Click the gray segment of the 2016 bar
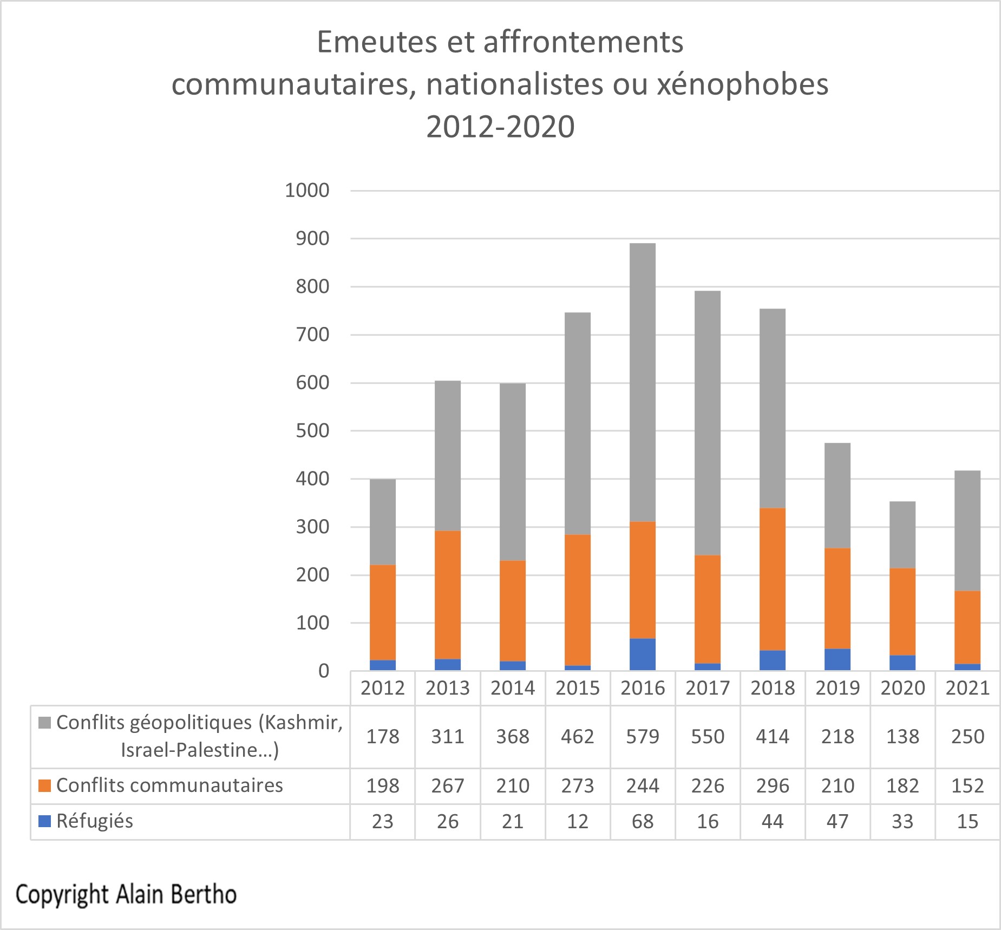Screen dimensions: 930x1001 tap(643, 382)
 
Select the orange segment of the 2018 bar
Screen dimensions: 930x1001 tap(773, 579)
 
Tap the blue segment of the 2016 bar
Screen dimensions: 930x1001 tap(643, 655)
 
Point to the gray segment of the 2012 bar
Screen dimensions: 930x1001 tap(383, 522)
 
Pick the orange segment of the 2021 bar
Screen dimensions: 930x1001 tap(967, 627)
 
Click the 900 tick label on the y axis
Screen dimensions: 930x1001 tap(312, 239)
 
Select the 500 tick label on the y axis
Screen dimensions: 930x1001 tap(312, 431)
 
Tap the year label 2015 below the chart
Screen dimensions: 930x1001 tap(578, 688)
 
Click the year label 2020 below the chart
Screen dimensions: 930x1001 tap(902, 688)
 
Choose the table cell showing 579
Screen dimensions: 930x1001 tap(643, 737)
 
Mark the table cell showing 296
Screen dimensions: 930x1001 tap(773, 785)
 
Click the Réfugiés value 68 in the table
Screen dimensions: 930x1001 tap(643, 821)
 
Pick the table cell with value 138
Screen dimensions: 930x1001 tap(902, 737)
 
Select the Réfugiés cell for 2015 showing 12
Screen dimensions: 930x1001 tap(578, 821)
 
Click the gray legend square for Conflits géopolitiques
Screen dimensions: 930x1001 tap(45, 723)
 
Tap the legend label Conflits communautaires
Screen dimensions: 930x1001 tap(169, 785)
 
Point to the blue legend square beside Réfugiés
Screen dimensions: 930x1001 tap(45, 821)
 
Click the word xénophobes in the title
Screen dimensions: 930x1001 tap(743, 85)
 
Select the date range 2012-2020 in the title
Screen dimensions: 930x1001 tap(500, 127)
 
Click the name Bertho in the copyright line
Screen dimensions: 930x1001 tap(204, 894)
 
